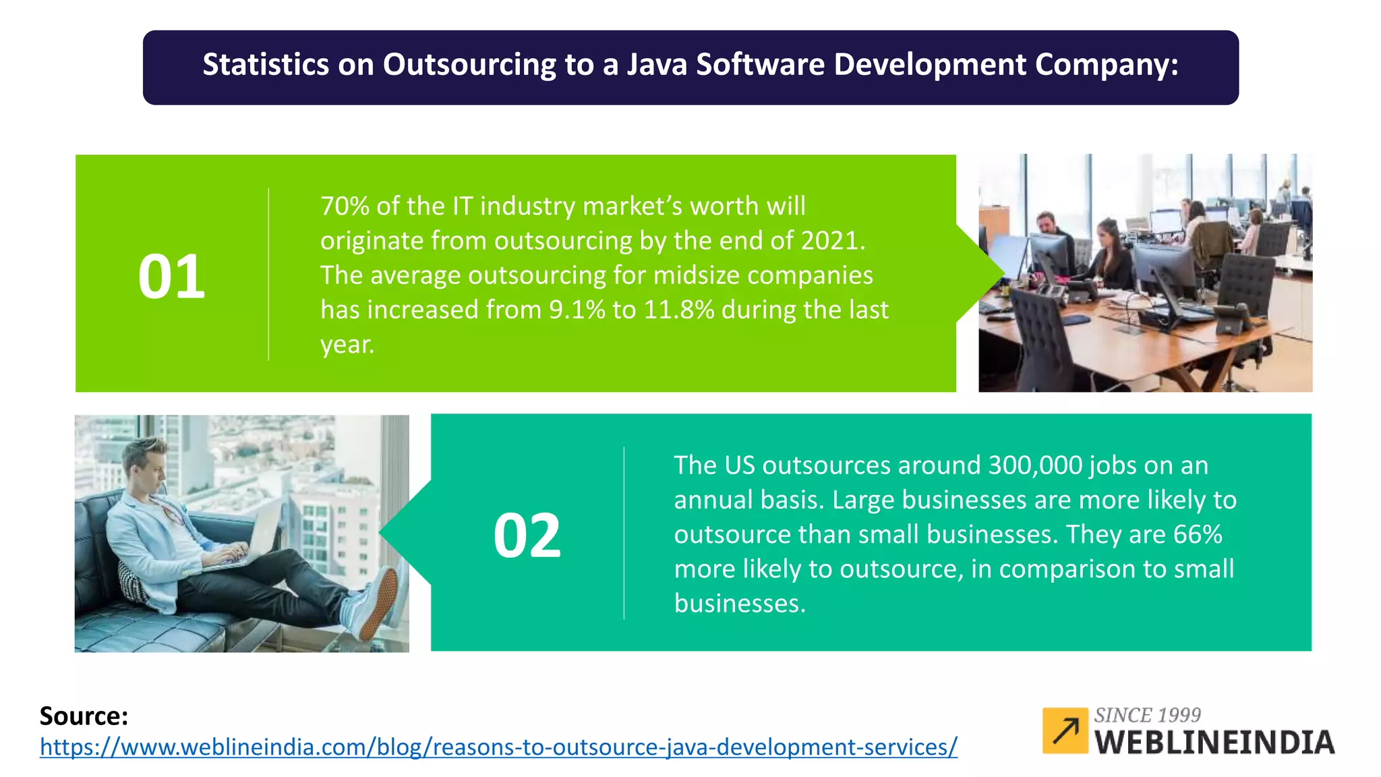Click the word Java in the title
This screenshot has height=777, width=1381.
657,65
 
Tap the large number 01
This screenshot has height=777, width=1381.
171,277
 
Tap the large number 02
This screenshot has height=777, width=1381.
527,536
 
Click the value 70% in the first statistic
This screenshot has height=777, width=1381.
345,206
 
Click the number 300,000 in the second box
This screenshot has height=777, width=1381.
1035,465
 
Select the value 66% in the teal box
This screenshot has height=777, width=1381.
1198,534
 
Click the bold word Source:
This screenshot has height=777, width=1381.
84,716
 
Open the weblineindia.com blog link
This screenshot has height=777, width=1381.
498,747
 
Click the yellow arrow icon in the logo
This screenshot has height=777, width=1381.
1065,730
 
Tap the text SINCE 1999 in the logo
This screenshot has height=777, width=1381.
1147,715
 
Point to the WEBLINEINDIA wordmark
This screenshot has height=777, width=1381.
1214,743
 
